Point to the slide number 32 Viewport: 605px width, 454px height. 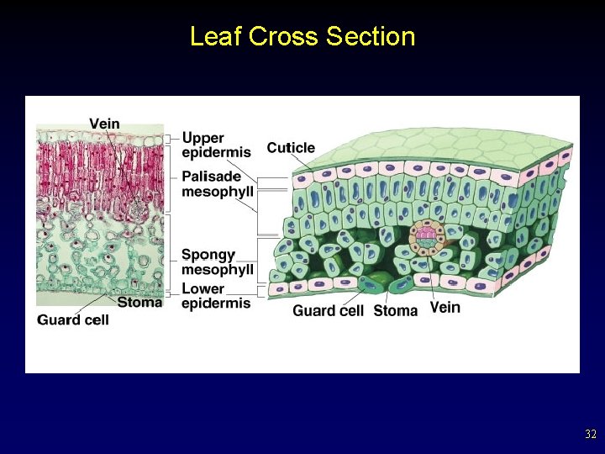pyautogui.click(x=590, y=435)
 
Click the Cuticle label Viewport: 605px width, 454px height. pyautogui.click(x=291, y=148)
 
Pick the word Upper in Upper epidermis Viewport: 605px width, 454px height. pyautogui.click(x=203, y=138)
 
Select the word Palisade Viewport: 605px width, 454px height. pyautogui.click(x=211, y=177)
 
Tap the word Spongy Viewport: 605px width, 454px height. pyautogui.click(x=208, y=255)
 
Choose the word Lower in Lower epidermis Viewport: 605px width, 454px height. pyautogui.click(x=203, y=289)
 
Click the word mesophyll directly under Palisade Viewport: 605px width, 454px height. pyautogui.click(x=218, y=191)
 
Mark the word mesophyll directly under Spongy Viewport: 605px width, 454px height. pyautogui.click(x=218, y=269)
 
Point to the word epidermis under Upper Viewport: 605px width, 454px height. pyautogui.click(x=216, y=152)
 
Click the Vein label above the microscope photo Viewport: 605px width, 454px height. pyautogui.click(x=104, y=124)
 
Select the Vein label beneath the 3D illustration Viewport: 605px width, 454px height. pyautogui.click(x=445, y=308)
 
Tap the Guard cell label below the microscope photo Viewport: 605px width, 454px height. pyautogui.click(x=73, y=319)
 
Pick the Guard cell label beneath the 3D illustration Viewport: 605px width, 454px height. pyautogui.click(x=328, y=310)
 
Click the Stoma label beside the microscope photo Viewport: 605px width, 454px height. pyautogui.click(x=139, y=302)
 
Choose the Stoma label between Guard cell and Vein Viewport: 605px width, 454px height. pyautogui.click(x=395, y=310)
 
